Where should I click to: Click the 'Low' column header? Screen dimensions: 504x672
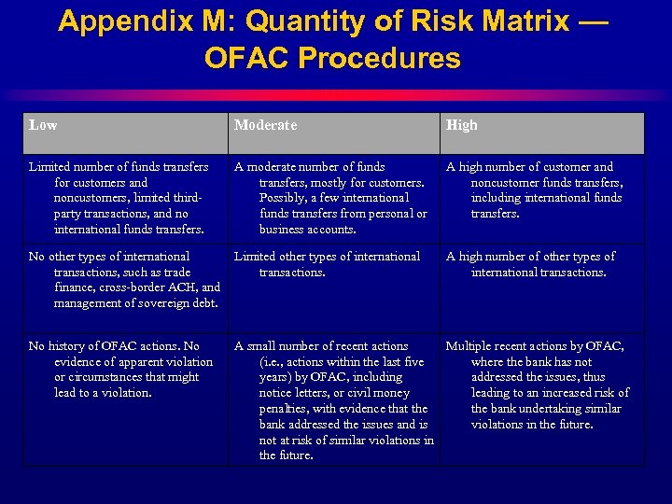[x=42, y=125]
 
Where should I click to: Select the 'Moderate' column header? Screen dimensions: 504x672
[x=265, y=125]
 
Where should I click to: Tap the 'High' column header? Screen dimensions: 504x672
[x=461, y=125]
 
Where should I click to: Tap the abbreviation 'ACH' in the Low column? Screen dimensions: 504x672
[x=186, y=287]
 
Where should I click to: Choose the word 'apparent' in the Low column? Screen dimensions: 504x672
[x=140, y=362]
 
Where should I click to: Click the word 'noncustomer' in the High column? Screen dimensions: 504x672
[x=508, y=182]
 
